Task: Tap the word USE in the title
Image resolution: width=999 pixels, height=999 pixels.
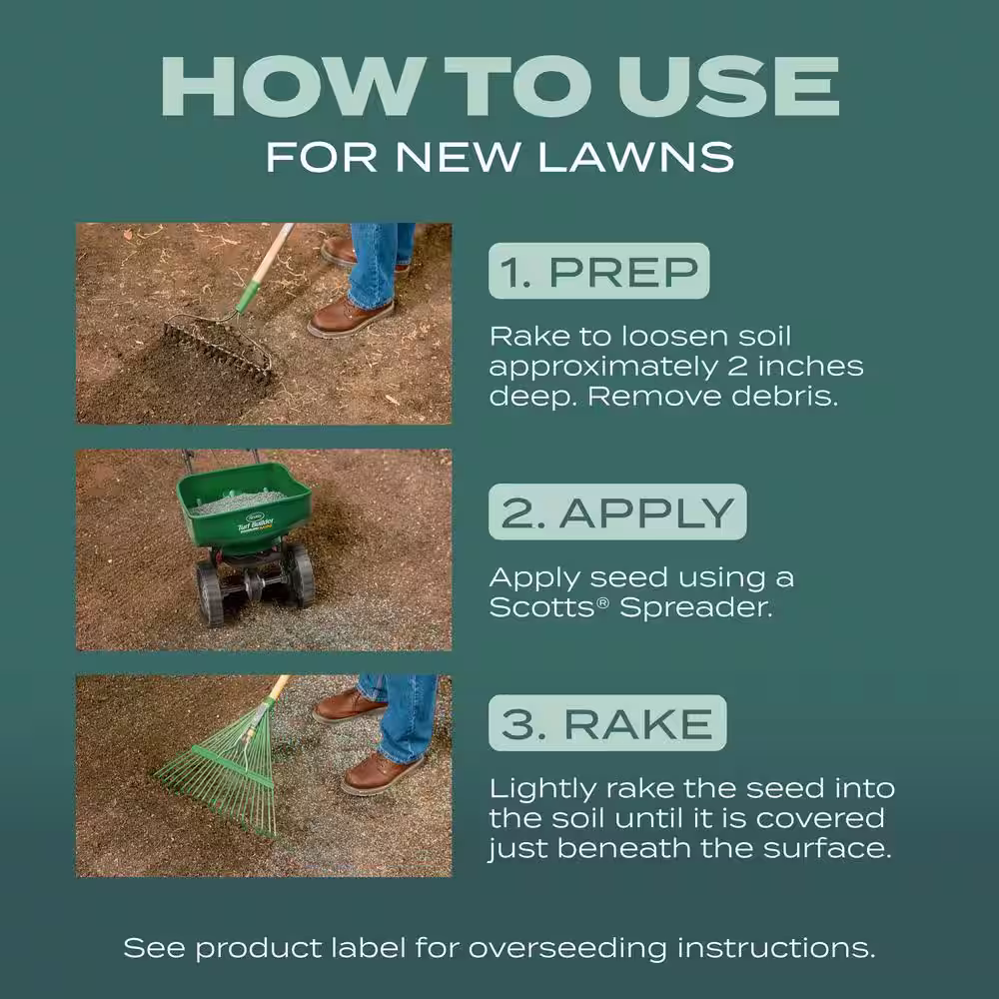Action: tap(728, 86)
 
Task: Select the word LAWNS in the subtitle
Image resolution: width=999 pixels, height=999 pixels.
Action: tap(635, 158)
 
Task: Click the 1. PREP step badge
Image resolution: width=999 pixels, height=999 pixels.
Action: tap(598, 271)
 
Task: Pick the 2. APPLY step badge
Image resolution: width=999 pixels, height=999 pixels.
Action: tap(617, 511)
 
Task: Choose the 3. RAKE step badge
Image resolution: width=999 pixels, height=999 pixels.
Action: tap(607, 723)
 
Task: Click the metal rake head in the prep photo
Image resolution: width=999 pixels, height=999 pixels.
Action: tap(218, 348)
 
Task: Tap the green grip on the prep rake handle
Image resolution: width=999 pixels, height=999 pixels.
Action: tap(248, 296)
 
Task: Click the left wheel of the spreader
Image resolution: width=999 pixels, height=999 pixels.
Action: tap(209, 592)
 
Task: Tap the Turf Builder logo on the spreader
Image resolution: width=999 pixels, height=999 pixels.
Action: tap(256, 523)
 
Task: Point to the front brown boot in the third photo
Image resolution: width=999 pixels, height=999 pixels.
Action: tap(381, 773)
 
